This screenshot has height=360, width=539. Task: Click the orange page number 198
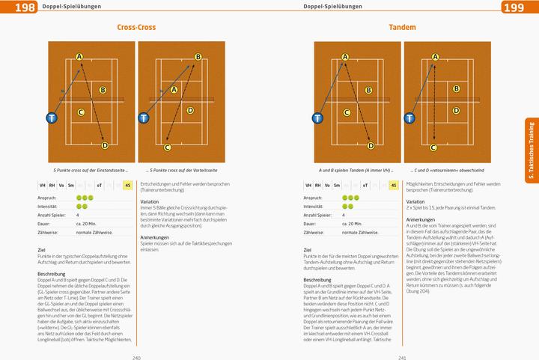14,7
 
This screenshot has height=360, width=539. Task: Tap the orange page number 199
524,7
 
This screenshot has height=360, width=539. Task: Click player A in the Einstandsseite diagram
79,57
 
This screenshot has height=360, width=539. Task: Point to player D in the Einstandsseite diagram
104,146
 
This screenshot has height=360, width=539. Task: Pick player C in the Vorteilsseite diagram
168,147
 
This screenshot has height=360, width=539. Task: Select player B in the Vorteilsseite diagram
198,57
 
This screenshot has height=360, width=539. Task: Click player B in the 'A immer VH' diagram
368,91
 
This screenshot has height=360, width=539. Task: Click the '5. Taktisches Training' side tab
531,150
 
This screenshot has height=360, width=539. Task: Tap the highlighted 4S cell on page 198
128,185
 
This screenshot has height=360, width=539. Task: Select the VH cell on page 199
309,185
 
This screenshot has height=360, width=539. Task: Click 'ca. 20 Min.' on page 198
87,223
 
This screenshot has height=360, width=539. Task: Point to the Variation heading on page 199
415,202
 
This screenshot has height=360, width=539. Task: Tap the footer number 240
136,356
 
